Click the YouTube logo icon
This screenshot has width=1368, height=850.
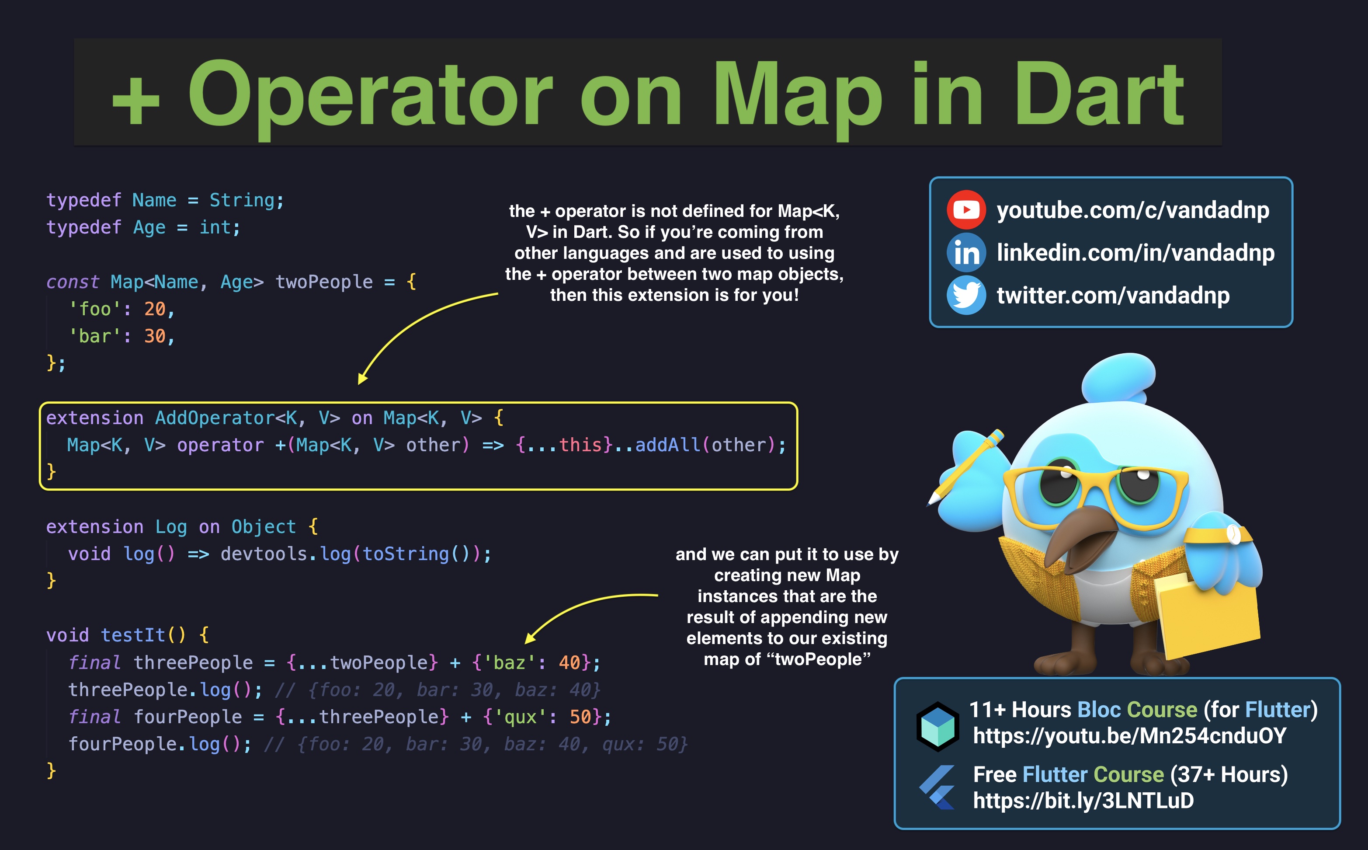966,210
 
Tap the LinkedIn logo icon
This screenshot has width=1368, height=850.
966,252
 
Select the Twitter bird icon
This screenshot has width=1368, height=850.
966,295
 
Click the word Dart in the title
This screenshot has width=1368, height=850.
1099,94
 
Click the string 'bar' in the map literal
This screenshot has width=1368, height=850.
94,336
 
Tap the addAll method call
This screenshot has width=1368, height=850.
667,445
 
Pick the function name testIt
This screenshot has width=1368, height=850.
134,635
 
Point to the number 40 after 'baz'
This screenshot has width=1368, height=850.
569,662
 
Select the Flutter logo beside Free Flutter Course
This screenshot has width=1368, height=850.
937,787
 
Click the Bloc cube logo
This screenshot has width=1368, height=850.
937,726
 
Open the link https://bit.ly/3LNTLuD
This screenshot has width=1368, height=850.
1083,801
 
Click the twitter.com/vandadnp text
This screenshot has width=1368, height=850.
1113,295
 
